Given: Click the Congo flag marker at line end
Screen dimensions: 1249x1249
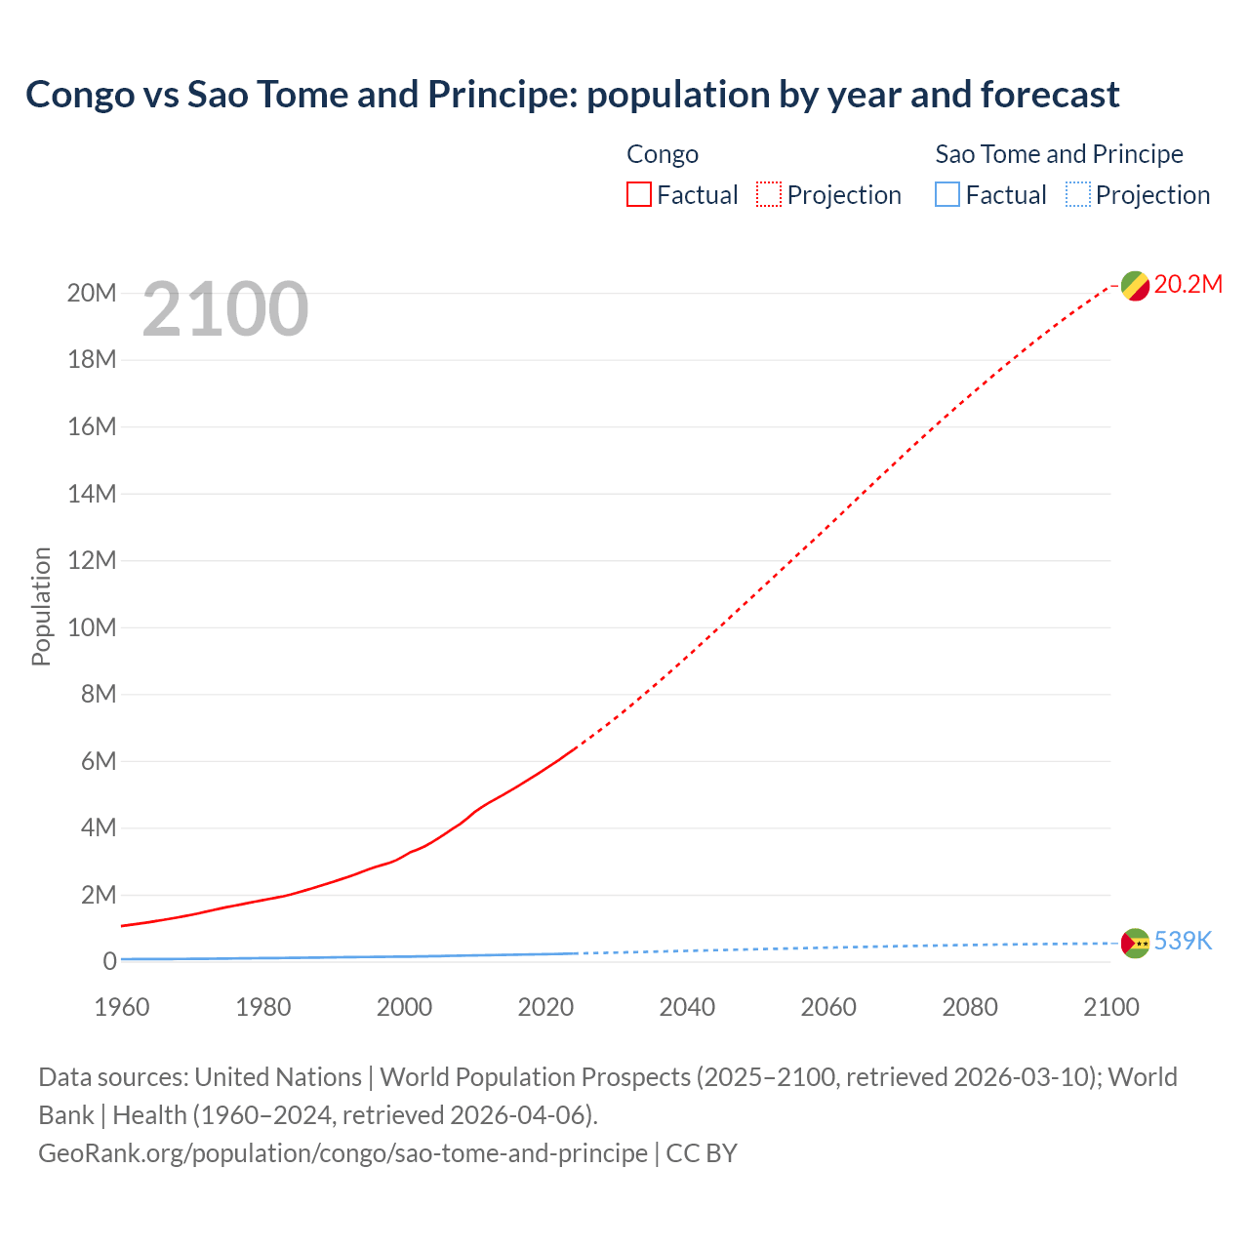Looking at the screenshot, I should (1135, 286).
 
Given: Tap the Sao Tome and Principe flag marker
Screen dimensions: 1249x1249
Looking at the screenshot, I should (1135, 944).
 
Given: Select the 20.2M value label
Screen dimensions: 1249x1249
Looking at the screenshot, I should (1188, 284).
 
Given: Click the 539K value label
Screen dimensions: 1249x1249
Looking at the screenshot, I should (1183, 941).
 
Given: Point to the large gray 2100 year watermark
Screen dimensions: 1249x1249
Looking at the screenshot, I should (225, 309).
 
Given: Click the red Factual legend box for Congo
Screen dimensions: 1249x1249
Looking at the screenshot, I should (639, 195).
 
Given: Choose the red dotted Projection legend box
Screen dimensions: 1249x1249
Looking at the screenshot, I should (769, 195).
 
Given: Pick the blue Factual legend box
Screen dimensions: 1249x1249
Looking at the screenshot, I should (947, 195).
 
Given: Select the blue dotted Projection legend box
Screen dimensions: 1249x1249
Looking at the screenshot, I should (1078, 195).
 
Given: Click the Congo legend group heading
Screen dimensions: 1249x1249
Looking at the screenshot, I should (663, 154).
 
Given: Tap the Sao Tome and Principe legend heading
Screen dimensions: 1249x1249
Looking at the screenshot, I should (1059, 154).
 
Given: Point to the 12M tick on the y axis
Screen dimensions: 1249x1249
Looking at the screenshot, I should (92, 560).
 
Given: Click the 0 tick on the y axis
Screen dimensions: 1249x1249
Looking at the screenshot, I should (109, 961).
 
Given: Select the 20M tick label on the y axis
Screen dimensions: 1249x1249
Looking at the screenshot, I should (92, 293).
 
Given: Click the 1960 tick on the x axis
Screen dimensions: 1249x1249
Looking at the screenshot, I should (122, 1007).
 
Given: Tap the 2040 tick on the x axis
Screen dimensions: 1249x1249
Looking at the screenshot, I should (687, 1007).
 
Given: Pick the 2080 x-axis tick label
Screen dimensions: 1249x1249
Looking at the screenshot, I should (970, 1007).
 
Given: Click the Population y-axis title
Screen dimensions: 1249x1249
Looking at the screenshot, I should (41, 606).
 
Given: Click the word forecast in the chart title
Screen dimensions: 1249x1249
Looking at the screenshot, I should (1050, 95).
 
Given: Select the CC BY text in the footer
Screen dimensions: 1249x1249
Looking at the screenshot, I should (702, 1153).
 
